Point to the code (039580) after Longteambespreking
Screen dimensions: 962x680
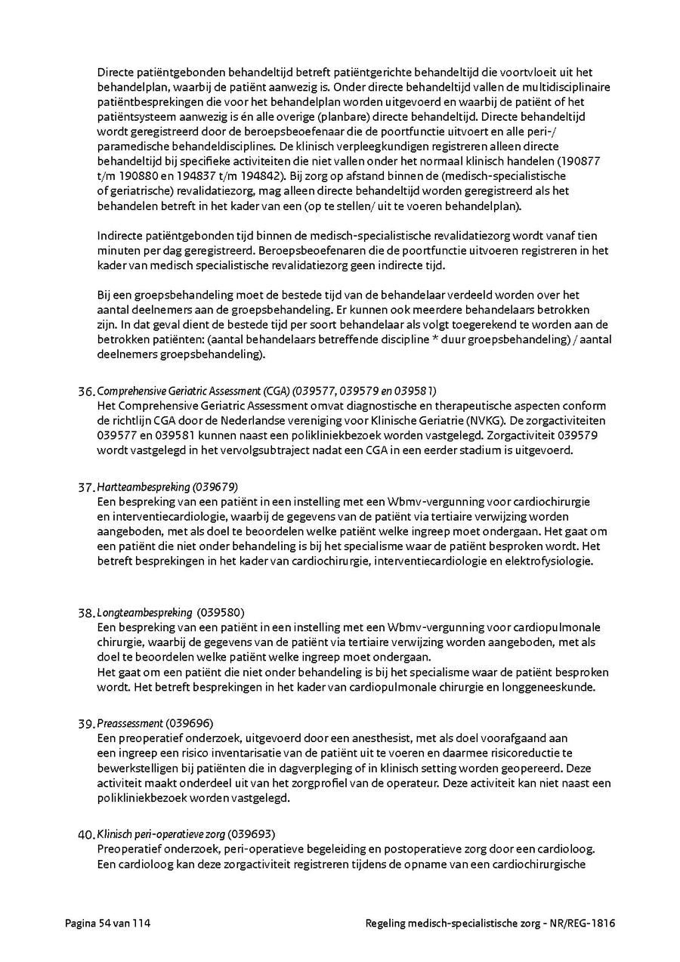(x=221, y=612)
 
